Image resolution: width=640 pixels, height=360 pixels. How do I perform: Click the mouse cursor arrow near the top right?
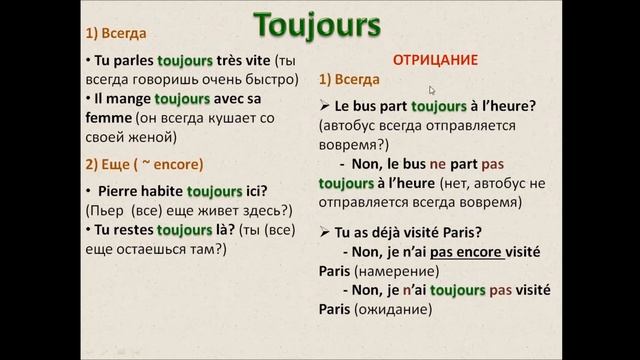click(432, 91)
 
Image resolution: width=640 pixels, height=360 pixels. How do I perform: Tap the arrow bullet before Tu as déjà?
click(324, 231)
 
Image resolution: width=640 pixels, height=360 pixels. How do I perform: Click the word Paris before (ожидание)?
click(335, 311)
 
